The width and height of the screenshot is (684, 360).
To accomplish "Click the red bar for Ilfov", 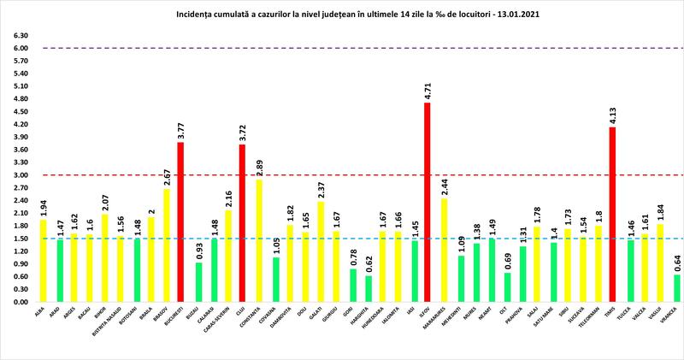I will coord(427,203).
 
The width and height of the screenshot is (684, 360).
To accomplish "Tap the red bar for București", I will coord(181,222).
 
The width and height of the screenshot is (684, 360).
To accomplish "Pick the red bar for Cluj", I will coord(243,223).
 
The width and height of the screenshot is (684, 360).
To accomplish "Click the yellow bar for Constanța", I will coord(258,241).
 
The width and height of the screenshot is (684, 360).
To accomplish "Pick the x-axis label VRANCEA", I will coord(675,316).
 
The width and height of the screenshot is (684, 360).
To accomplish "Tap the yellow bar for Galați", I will coord(320,252).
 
